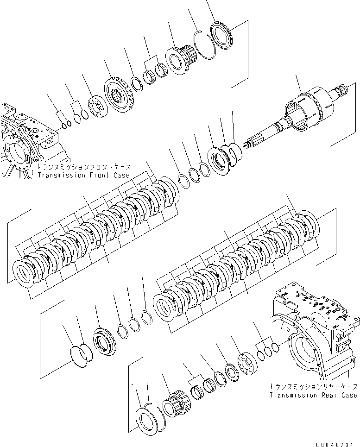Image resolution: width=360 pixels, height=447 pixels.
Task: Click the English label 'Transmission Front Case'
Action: pos(84,176)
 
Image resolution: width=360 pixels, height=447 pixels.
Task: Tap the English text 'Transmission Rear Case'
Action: pos(314,395)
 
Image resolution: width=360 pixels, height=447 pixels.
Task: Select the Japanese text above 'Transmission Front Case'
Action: pos(84,168)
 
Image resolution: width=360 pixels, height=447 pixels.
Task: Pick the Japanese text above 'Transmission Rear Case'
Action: pos(314,387)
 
